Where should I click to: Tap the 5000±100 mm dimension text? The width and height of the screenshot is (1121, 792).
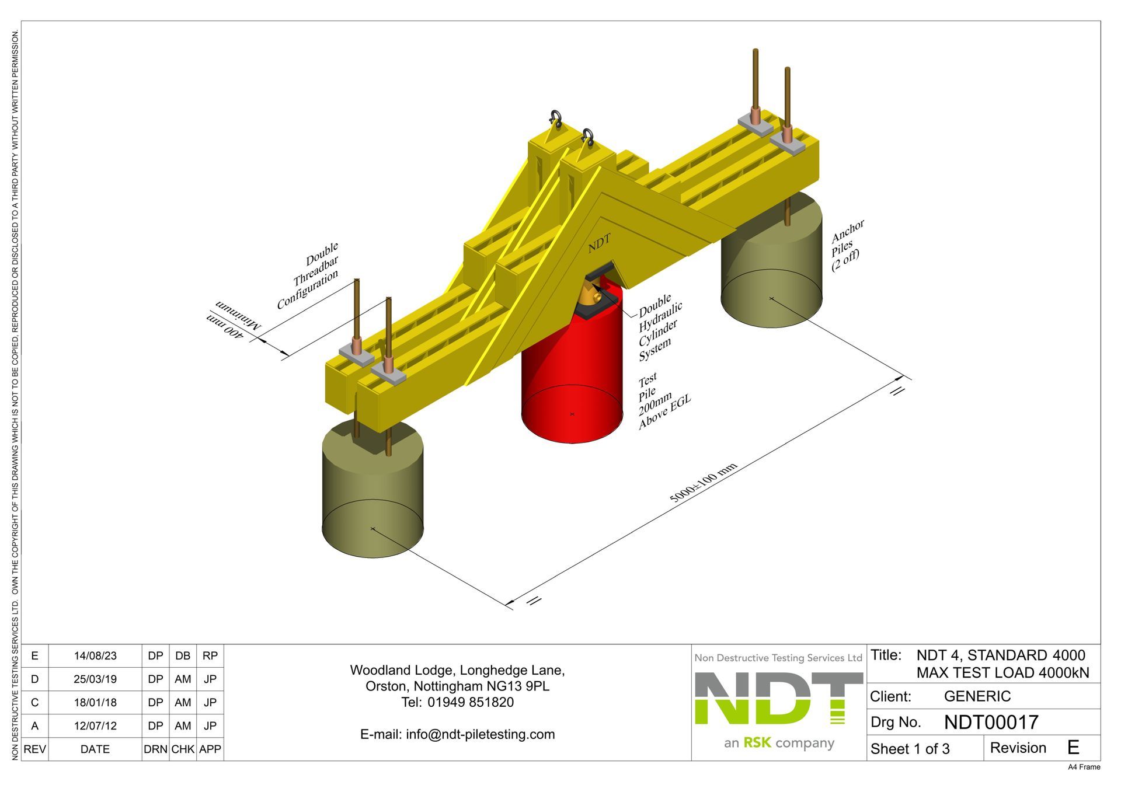point(703,483)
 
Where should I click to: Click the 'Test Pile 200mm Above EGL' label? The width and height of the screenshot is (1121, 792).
point(663,401)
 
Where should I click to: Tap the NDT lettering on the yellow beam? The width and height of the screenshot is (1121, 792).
point(599,243)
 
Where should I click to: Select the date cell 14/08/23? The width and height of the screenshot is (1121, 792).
point(95,656)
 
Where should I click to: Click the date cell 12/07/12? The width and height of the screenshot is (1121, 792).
point(95,726)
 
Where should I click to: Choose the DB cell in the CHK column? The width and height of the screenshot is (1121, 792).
point(183,656)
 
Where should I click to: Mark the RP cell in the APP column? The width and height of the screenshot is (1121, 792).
point(210,656)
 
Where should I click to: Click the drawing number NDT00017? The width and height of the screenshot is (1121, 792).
point(991,723)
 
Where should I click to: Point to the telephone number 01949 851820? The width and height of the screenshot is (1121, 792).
point(470,702)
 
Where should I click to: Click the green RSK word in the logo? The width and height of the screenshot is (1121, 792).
point(757,743)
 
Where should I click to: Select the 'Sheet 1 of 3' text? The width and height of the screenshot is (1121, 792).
point(910,749)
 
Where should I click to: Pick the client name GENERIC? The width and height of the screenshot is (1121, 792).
point(977,696)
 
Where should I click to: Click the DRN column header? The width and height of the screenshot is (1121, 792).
point(155,749)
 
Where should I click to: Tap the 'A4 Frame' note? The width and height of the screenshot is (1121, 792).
point(1084,767)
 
